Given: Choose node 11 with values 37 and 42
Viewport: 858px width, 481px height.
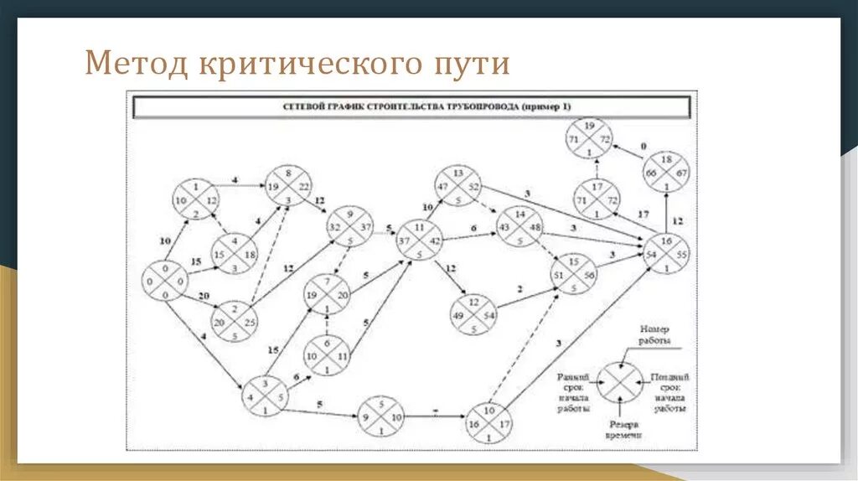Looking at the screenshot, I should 419,240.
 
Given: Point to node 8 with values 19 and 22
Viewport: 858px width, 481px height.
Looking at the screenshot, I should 289,186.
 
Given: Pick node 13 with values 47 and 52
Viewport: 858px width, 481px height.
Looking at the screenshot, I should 457,186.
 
